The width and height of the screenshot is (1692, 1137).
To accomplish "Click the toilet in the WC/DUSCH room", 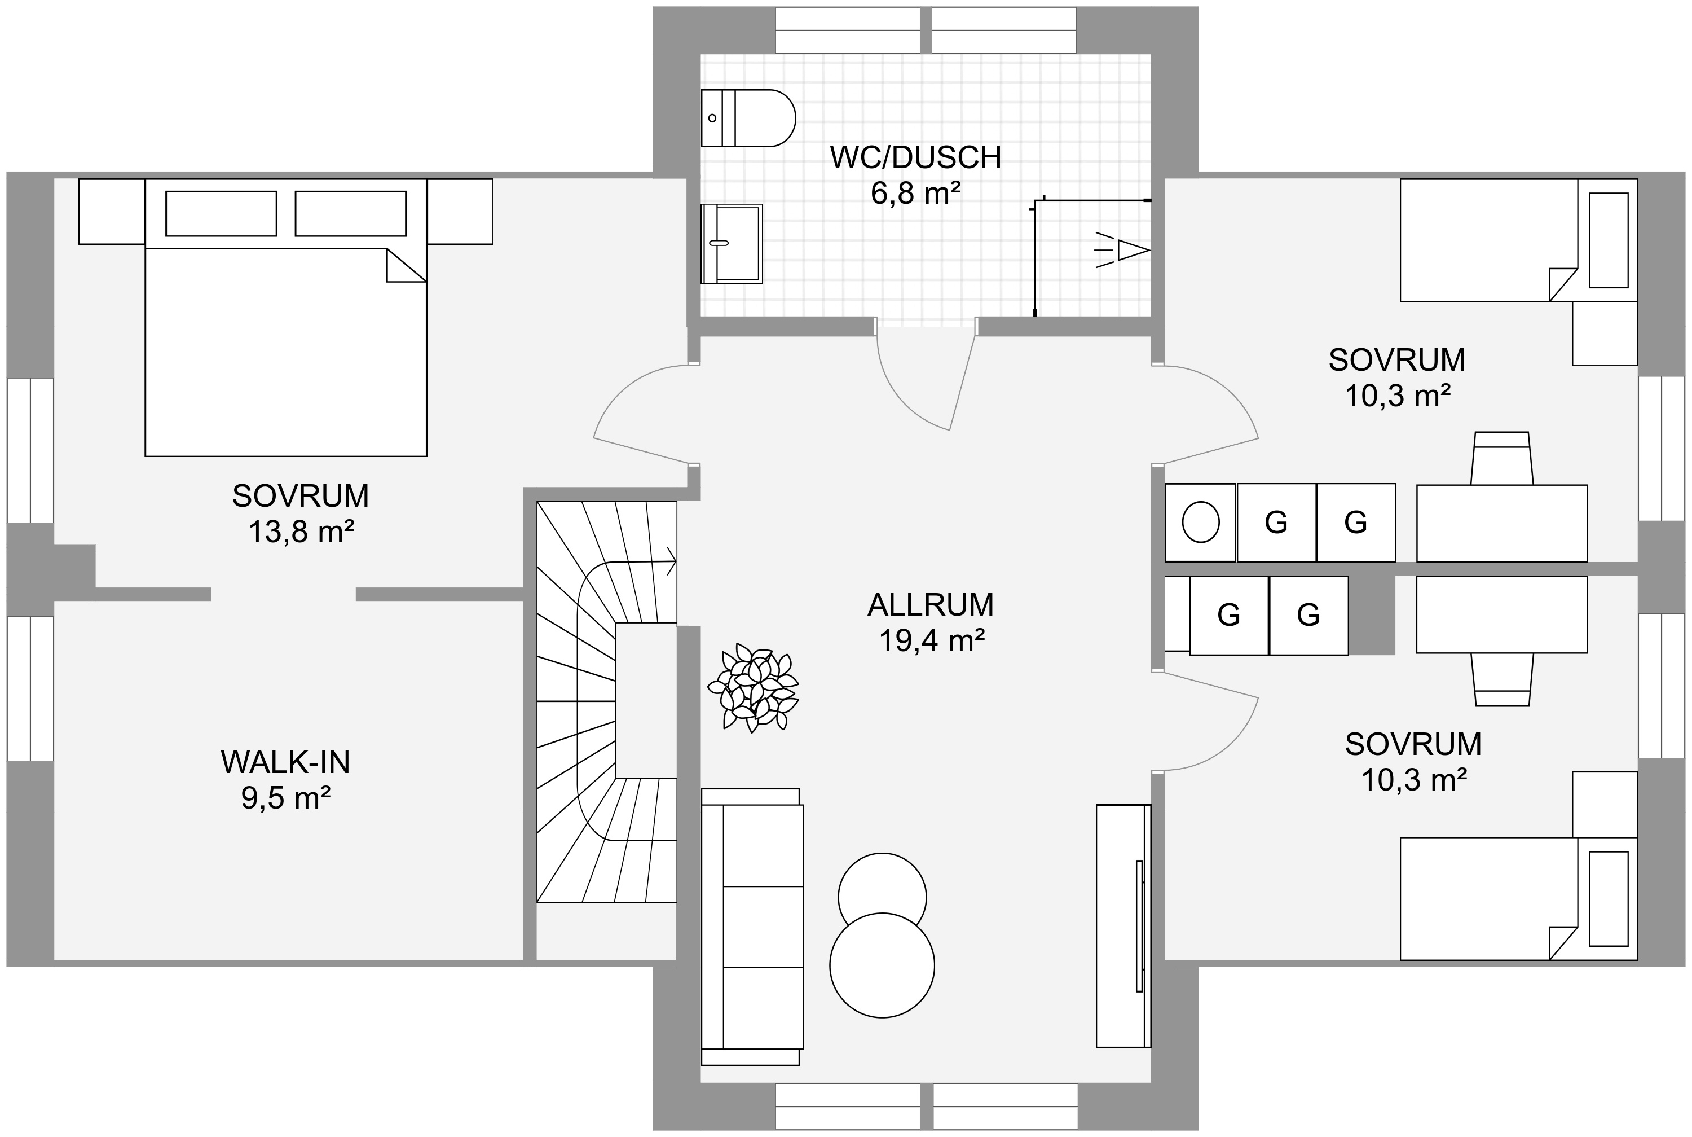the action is pos(748,118).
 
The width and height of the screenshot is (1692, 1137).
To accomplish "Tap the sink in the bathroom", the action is pos(731,243).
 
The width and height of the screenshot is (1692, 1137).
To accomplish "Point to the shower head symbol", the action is pos(1122,250).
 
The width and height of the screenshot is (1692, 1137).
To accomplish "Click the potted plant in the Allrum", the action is pos(753,687).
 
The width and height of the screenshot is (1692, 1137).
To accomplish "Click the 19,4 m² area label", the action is pos(931,640).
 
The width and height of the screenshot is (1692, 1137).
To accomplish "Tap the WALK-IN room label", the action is pos(285,762).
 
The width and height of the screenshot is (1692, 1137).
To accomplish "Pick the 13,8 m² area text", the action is pos(301,532).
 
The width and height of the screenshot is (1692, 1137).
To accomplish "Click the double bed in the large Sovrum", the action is pos(285,317).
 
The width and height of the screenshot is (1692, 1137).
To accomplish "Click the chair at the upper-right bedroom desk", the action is pos(1501,458).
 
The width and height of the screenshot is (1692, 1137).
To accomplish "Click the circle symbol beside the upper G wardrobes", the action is pos(1200,521).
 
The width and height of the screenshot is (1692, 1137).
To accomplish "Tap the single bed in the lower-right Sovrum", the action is pos(1518,899).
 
